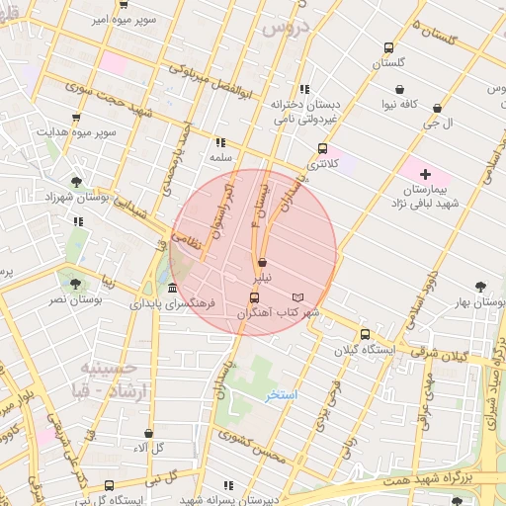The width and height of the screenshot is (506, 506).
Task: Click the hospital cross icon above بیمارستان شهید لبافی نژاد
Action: (x=425, y=173)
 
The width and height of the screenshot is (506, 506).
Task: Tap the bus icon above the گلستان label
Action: (x=389, y=47)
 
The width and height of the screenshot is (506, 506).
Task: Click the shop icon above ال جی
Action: (x=437, y=108)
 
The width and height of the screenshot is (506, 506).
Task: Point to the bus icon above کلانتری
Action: (x=322, y=148)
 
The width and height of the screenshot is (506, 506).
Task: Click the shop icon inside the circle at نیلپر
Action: (x=262, y=263)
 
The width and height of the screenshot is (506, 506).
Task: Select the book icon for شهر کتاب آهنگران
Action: (x=298, y=297)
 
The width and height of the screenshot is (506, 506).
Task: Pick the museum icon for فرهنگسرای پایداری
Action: (x=173, y=288)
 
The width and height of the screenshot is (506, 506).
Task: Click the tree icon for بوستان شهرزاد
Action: (x=76, y=181)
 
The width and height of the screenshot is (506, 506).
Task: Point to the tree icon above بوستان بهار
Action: (x=480, y=285)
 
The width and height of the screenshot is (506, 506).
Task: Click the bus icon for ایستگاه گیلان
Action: (x=366, y=334)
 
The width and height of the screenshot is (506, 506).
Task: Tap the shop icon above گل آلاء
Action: (x=148, y=433)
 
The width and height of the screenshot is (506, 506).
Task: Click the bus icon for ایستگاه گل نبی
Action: (x=109, y=485)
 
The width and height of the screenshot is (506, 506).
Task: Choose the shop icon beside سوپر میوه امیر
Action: (x=122, y=4)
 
